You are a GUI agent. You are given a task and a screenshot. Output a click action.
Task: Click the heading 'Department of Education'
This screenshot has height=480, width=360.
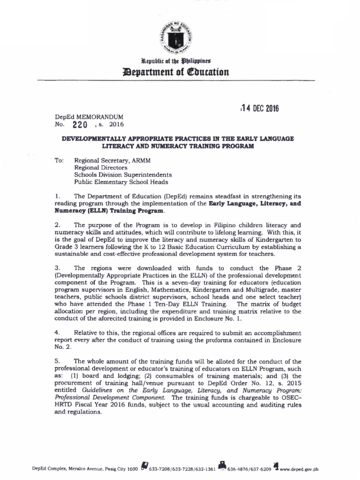(180, 72)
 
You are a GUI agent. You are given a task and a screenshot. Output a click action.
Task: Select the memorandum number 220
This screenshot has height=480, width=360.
(80, 125)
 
